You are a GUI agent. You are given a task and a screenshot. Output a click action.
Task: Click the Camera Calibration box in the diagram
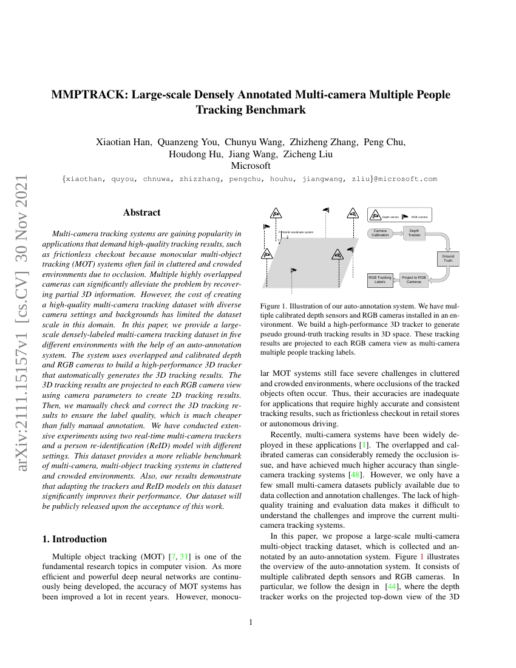pyautogui.click(x=380, y=233)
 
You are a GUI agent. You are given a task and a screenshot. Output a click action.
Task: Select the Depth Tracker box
pyautogui.click(x=414, y=233)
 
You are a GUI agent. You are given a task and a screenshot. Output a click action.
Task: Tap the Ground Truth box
pyautogui.click(x=448, y=259)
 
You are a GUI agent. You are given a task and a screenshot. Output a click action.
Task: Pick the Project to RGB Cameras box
pyautogui.click(x=414, y=279)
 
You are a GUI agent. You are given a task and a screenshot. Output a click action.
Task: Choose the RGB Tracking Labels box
pyautogui.click(x=380, y=279)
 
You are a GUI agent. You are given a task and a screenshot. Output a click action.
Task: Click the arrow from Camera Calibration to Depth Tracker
pyautogui.click(x=398, y=233)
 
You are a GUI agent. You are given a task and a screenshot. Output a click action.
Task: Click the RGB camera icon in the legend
pyautogui.click(x=405, y=216)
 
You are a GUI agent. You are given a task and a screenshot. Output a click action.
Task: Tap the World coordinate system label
pyautogui.click(x=297, y=232)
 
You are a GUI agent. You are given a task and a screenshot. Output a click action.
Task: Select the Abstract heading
pyautogui.click(x=141, y=213)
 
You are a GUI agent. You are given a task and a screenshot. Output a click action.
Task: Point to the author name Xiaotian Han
pyautogui.click(x=123, y=143)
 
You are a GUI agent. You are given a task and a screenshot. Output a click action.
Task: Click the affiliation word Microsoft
pyautogui.click(x=251, y=166)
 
